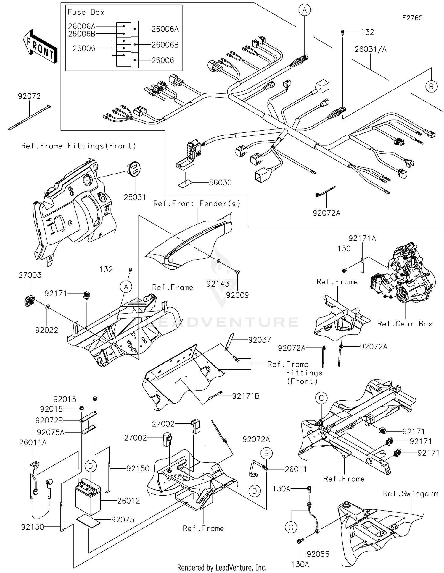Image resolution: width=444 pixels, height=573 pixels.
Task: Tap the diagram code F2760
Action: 412,18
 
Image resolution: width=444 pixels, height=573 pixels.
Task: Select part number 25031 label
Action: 135,197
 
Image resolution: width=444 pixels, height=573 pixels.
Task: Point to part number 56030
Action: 220,183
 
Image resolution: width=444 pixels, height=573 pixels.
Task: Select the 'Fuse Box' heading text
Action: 86,12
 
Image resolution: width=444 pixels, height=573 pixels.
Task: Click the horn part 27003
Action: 29,301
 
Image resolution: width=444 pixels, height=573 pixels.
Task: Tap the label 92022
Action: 46,330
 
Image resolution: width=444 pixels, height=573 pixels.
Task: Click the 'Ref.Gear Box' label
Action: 404,324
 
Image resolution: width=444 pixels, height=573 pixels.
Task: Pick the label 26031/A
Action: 370,49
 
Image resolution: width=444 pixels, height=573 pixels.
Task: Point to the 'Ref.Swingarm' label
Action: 411,494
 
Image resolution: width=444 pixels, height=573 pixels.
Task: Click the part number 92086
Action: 318,554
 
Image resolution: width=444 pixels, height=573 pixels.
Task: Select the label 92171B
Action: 246,396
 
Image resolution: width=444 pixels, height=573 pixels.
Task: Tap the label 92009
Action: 237,295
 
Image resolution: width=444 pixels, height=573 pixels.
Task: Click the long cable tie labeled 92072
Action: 29,118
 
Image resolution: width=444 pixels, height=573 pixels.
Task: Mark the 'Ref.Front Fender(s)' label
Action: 197,204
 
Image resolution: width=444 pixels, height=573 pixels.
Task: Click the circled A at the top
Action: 304,11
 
